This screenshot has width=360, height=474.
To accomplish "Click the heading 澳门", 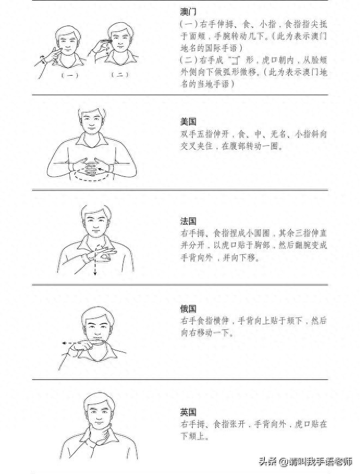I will [x=188, y=11].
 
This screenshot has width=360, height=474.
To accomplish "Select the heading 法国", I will [x=188, y=221].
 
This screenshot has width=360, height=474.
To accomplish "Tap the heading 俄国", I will [x=188, y=309].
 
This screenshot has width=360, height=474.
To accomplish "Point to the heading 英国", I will [x=188, y=411].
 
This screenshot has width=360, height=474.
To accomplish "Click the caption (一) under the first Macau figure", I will [x=69, y=75].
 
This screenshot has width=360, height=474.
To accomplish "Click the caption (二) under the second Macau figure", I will [x=119, y=75].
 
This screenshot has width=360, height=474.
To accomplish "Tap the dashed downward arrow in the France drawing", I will [x=95, y=264].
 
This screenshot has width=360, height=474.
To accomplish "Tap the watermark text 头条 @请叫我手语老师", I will [x=306, y=462].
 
